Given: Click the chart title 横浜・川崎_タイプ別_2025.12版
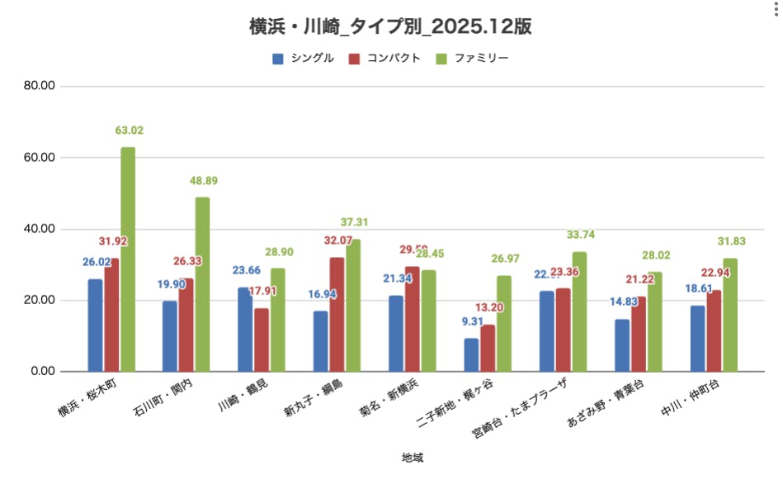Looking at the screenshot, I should (x=390, y=26).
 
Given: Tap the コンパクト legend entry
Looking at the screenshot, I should (x=384, y=59).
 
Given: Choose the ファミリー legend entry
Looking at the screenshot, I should (x=472, y=59).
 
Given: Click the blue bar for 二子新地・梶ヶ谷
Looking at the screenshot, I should (x=471, y=354).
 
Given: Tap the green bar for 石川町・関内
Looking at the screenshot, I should (x=202, y=284).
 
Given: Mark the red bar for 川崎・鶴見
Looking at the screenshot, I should (x=262, y=340).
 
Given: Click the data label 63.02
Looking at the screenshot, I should (x=129, y=131).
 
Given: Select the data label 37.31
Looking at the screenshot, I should (x=354, y=223).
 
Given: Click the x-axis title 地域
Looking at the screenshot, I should (x=413, y=457).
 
